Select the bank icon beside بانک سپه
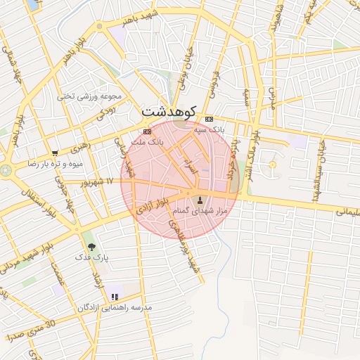[209, 120]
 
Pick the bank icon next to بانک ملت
[147, 131]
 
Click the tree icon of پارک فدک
[90, 245]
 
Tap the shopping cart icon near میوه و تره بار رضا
[55, 153]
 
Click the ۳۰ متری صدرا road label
[30, 330]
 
